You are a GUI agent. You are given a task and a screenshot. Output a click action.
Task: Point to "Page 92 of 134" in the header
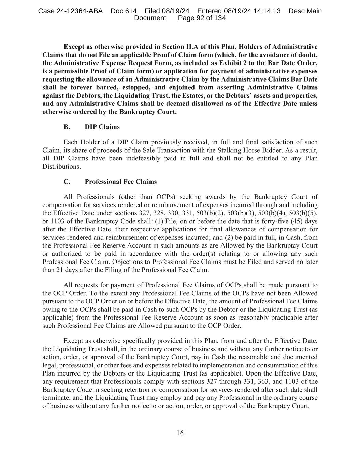(202, 18)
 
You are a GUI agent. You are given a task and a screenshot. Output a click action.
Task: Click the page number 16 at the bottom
(180, 433)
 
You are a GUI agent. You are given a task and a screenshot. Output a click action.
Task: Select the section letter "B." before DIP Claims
(67, 127)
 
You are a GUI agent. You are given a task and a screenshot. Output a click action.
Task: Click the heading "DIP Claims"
(102, 127)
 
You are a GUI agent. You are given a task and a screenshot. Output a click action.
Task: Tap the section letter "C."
(67, 182)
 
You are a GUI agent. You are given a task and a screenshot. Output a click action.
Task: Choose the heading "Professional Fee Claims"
(120, 182)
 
